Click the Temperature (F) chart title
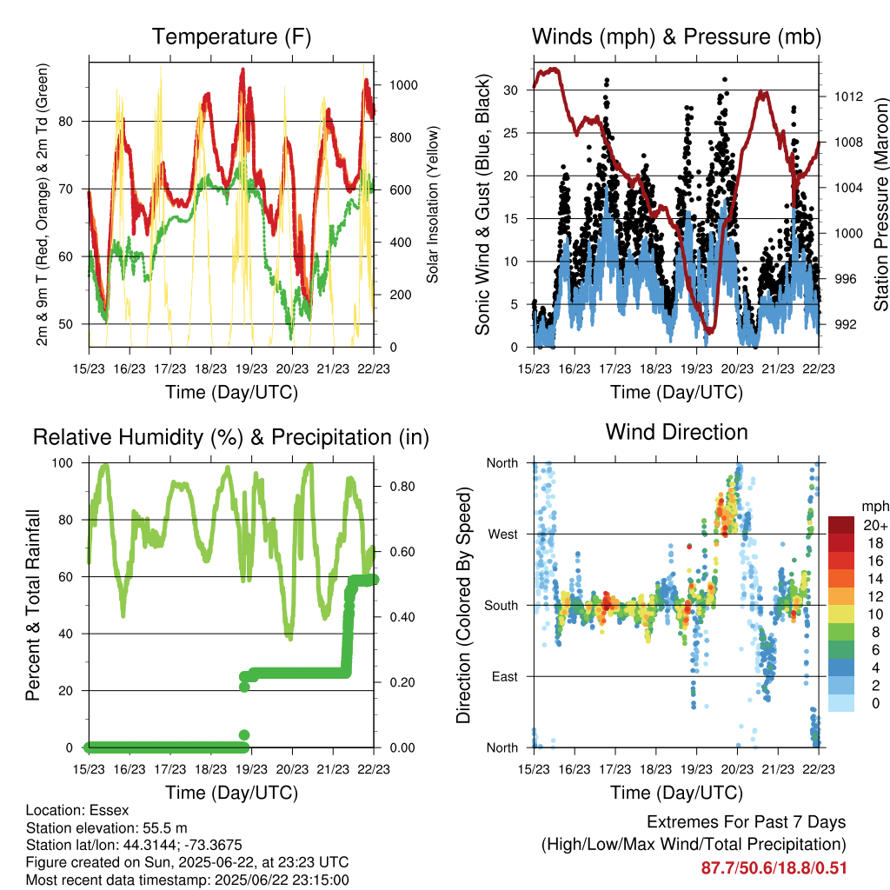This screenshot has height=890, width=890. (231, 37)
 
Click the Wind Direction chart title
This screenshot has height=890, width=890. (676, 432)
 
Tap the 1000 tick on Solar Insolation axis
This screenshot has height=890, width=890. (403, 85)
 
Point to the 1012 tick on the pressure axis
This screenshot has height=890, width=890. (848, 96)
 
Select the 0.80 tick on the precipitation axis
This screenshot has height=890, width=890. (402, 487)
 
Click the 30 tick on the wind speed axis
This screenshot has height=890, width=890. (510, 90)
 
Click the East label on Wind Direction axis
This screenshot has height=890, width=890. (505, 676)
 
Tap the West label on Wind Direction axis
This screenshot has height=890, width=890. (503, 535)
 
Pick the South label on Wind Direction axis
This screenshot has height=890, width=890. (501, 606)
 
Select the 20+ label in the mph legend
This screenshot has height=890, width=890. (875, 525)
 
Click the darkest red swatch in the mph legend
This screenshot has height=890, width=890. (841, 525)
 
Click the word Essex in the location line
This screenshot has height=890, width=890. (110, 810)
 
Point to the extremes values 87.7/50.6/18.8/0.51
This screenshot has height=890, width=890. (774, 868)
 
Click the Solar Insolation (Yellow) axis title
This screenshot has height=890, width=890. (433, 204)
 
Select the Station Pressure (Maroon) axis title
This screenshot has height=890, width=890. (880, 204)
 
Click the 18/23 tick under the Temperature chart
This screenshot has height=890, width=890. (210, 369)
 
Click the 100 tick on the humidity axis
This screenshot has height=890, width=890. (63, 463)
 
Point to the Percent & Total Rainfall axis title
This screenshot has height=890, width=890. (33, 605)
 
